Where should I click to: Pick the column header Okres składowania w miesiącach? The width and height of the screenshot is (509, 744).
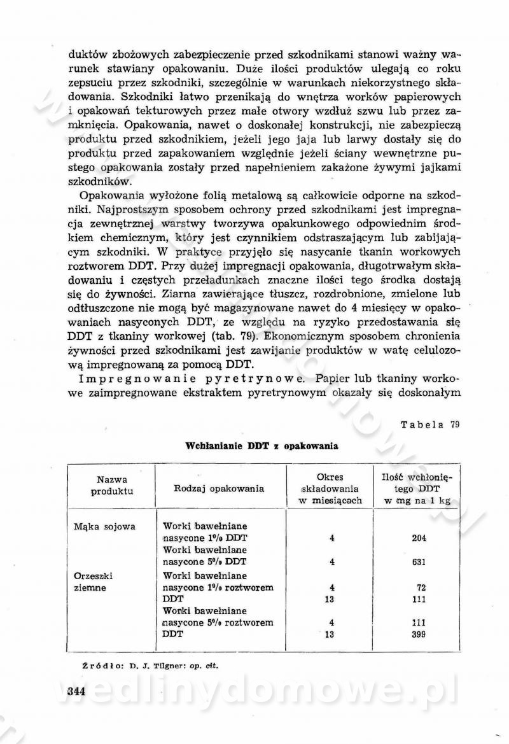point(330,489)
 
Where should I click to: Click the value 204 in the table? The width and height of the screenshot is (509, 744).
point(418,538)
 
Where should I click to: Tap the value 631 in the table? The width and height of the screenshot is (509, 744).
point(418,563)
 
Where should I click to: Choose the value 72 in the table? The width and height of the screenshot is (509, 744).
point(420,587)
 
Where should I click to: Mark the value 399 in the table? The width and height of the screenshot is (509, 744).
point(418,635)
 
